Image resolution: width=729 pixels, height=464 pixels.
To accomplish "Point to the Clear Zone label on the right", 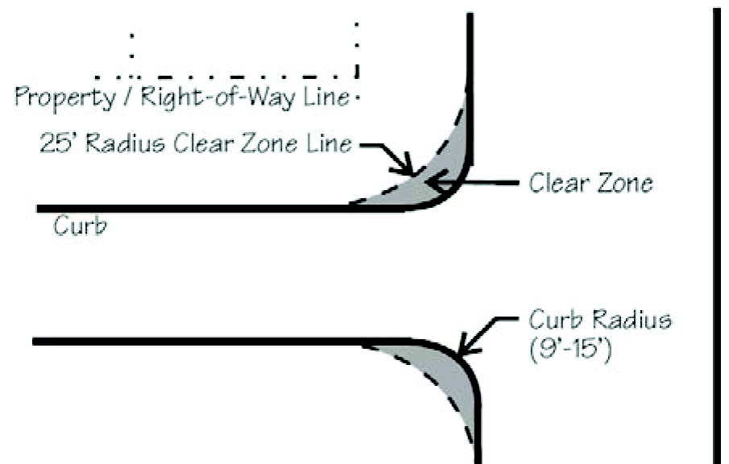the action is [590, 184].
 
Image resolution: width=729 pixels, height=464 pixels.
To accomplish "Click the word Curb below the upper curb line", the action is [80, 226].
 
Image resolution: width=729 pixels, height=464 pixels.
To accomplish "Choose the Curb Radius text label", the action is [599, 320].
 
